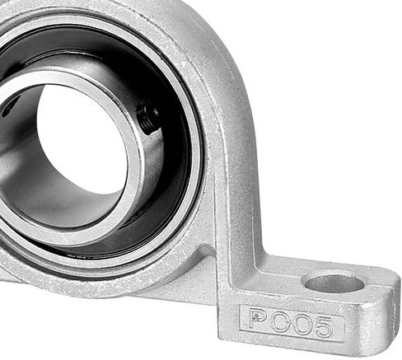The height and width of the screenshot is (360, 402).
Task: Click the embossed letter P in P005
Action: click(x=259, y=319)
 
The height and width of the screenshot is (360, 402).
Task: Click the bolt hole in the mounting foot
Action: click(x=334, y=283)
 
